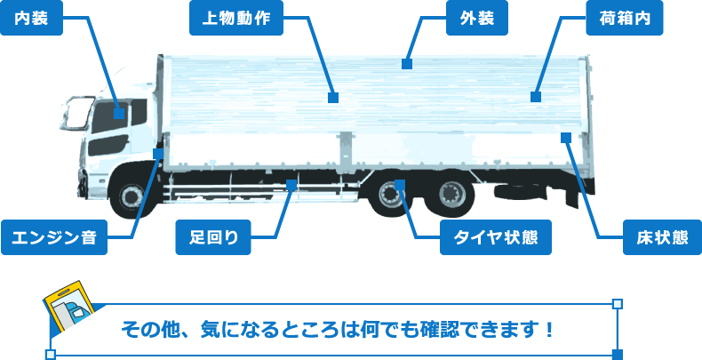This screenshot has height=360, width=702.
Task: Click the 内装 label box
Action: tap(32, 19)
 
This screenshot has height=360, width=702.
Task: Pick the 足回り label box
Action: tap(214, 237)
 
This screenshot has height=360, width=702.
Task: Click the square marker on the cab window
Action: tap(121, 112)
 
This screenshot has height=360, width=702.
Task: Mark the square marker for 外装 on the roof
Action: tap(407, 63)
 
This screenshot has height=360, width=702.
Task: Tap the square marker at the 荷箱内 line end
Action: tap(536, 96)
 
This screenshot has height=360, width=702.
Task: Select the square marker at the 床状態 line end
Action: tap(566, 137)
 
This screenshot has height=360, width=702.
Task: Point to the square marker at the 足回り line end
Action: tap(291, 184)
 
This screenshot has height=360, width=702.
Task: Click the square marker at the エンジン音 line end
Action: tap(158, 154)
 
